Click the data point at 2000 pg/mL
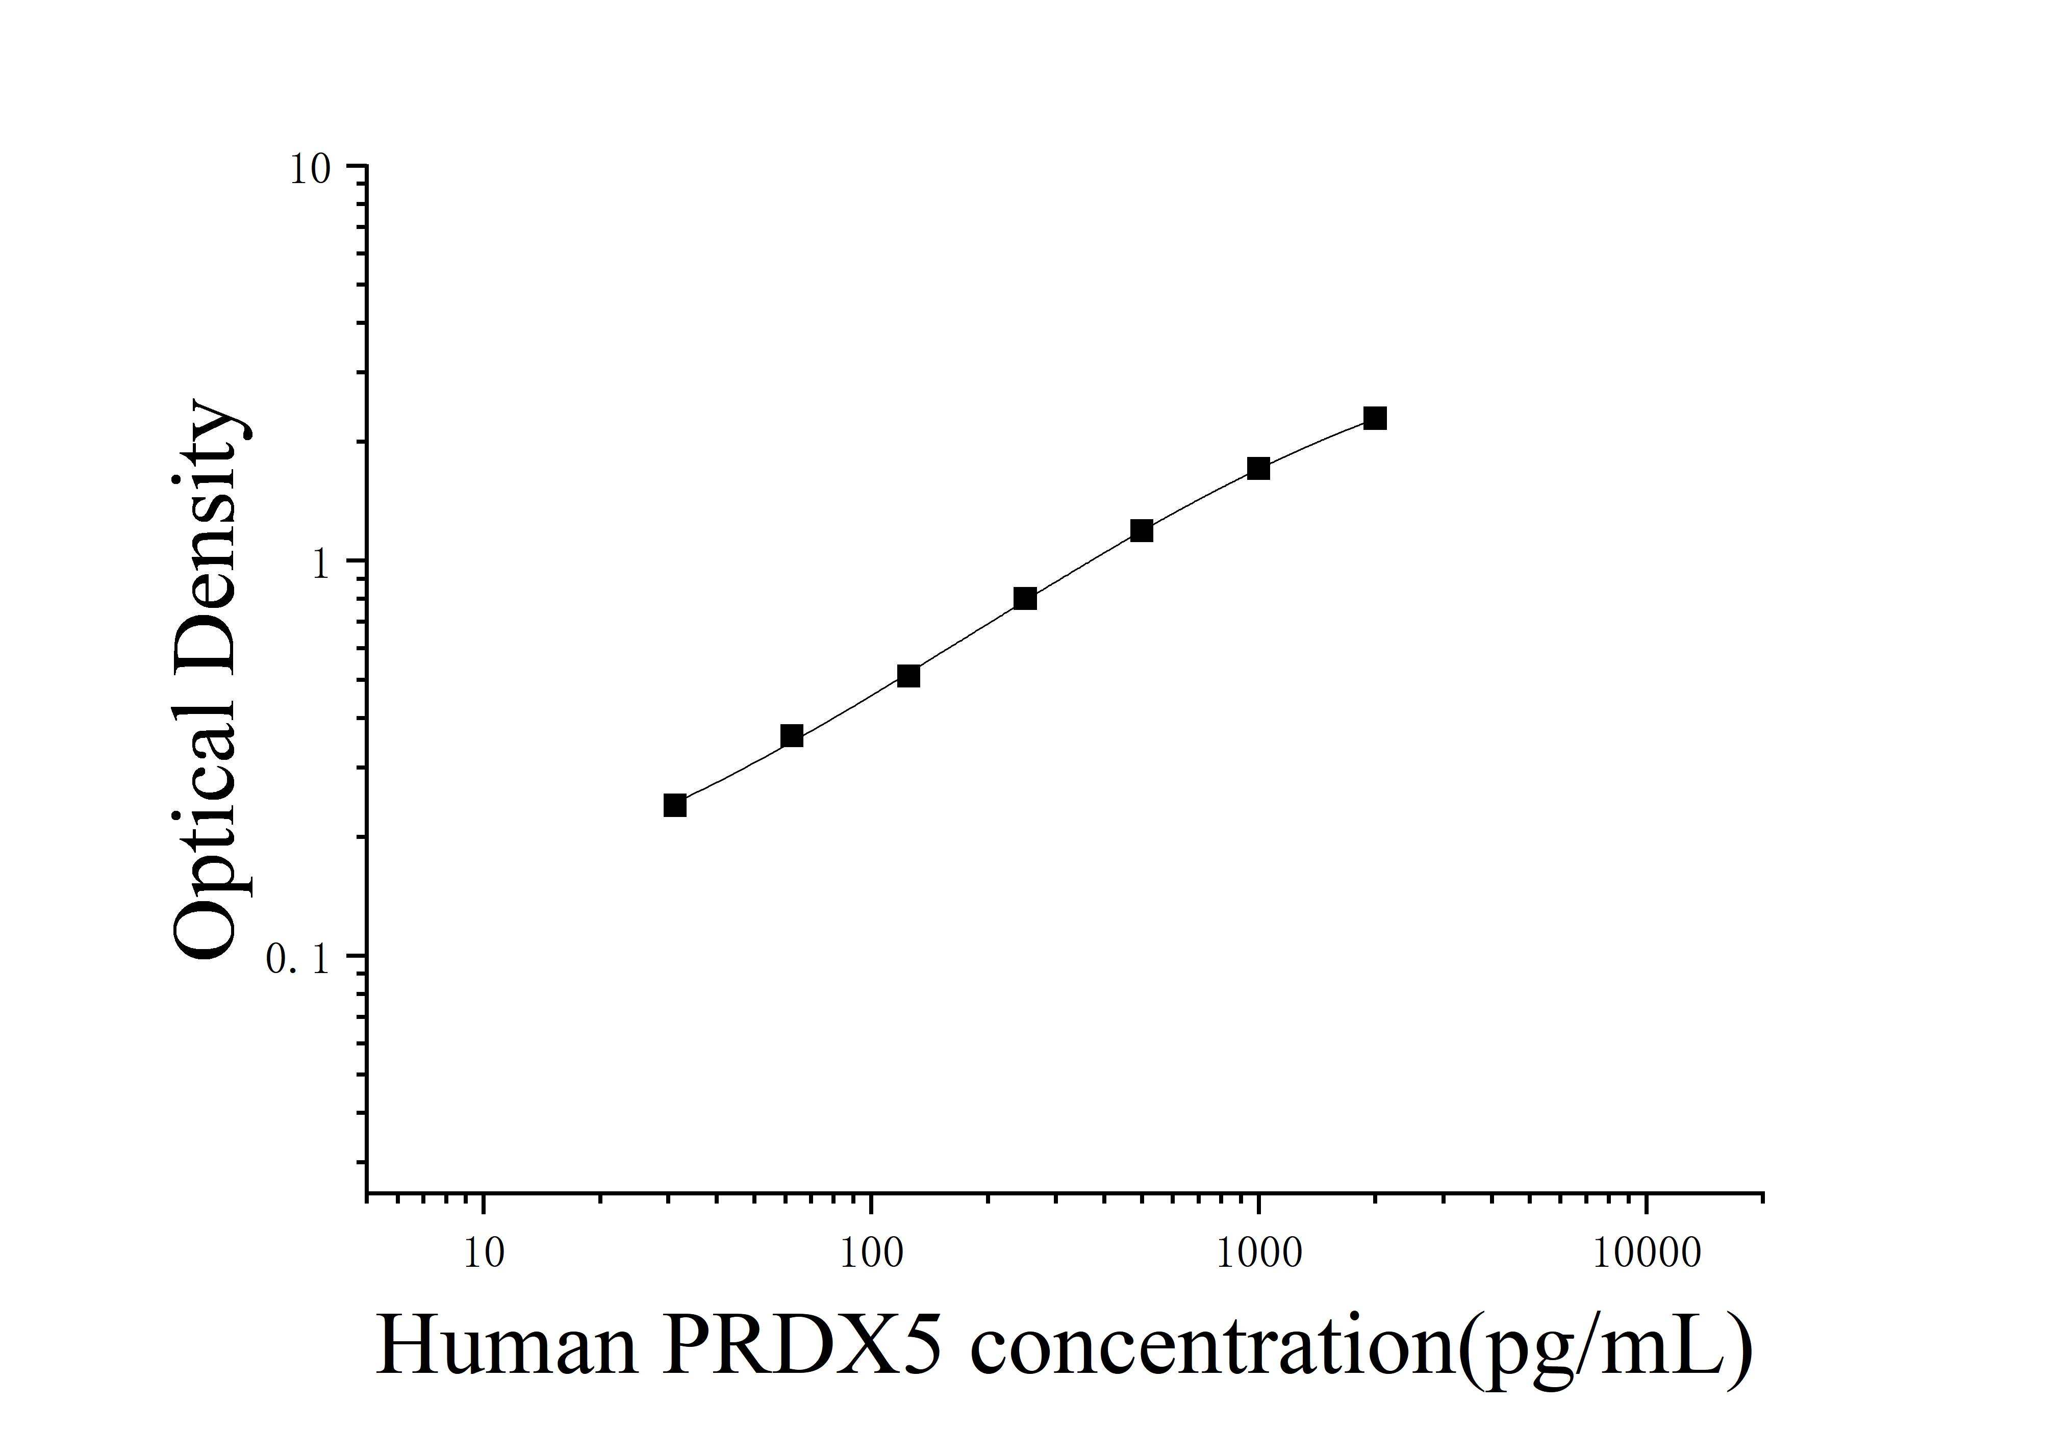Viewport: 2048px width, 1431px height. [x=1375, y=418]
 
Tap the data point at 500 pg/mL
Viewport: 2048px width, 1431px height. [x=1141, y=530]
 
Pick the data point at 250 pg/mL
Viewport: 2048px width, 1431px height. [x=1025, y=598]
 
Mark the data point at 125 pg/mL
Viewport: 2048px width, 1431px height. [x=908, y=676]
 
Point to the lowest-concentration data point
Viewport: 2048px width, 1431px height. [x=675, y=805]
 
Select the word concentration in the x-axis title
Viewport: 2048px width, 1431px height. [x=1213, y=1346]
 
